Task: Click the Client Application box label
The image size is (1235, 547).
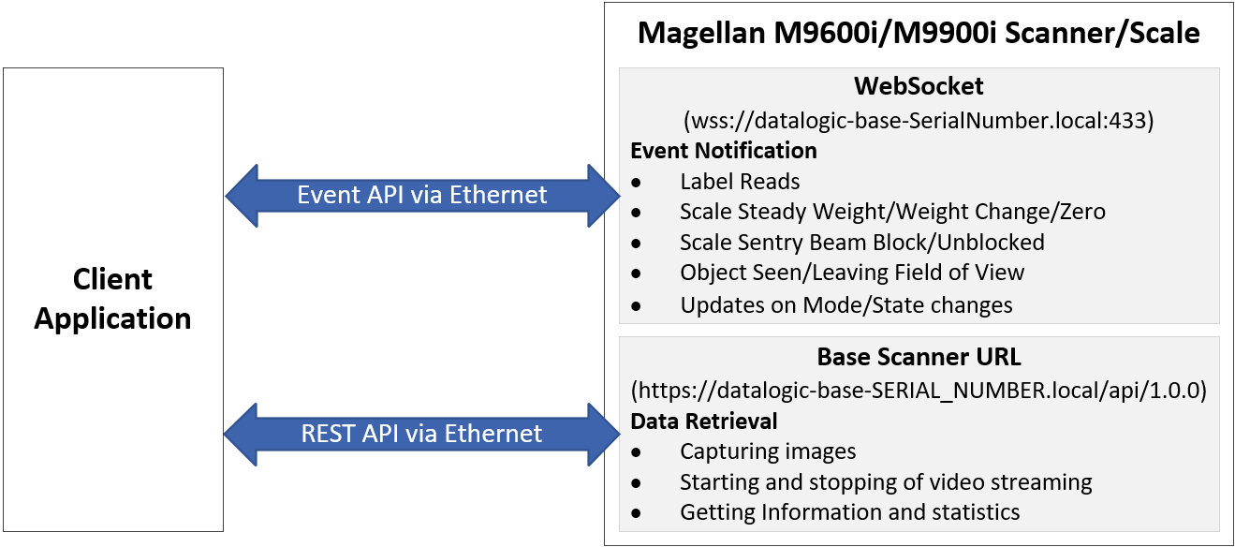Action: [x=112, y=299]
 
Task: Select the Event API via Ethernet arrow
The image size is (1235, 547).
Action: [x=422, y=195]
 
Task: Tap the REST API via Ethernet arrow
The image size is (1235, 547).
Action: [x=421, y=434]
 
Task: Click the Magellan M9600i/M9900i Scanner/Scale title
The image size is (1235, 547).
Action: [x=918, y=34]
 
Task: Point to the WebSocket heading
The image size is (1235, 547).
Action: [x=919, y=87]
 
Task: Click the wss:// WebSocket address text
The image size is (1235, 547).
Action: [x=919, y=121]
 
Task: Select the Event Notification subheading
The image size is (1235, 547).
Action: [x=723, y=151]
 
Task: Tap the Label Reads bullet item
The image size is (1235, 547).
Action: [x=740, y=182]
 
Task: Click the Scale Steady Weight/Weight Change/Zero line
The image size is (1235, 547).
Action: [x=892, y=212]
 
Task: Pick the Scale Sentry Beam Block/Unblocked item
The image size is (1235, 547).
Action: [x=861, y=243]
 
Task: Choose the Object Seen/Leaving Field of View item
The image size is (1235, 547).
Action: [x=852, y=273]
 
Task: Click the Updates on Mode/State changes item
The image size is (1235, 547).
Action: [x=846, y=304]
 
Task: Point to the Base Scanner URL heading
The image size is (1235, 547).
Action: [x=919, y=357]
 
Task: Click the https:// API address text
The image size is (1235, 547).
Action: [x=919, y=390]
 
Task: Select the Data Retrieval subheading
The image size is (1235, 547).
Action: [x=704, y=421]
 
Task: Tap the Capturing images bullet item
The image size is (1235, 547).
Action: [x=768, y=451]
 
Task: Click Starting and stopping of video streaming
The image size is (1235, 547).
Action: [x=886, y=482]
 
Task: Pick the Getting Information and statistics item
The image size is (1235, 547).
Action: [x=849, y=512]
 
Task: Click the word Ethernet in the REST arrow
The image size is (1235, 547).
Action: [x=493, y=434]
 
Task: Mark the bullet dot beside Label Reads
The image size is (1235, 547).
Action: [x=638, y=182]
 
